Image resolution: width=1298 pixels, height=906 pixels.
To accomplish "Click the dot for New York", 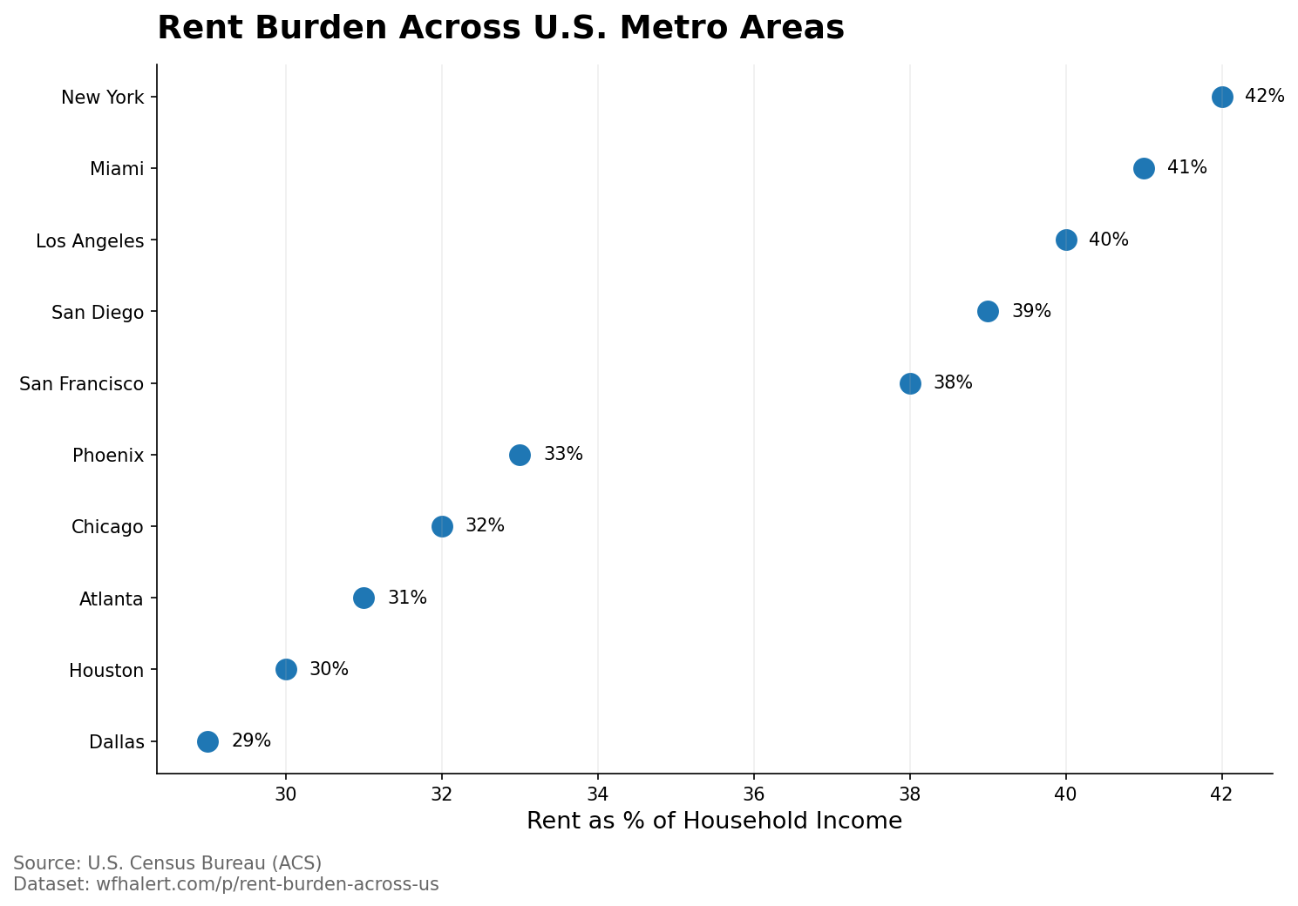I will pos(1222,97).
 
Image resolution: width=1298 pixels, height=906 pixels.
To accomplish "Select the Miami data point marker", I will pos(1144,168).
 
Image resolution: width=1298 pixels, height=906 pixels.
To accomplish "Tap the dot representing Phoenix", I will pos(520,455).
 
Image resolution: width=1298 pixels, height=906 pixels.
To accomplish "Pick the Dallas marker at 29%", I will pos(207,741).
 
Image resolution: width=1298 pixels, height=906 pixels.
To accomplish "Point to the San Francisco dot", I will pos(910,383).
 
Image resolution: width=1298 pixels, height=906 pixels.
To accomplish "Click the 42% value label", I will pos(1264,97).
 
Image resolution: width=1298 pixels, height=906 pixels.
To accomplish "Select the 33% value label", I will pos(563,455).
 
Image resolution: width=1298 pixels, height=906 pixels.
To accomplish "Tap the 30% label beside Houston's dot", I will pos(329,670).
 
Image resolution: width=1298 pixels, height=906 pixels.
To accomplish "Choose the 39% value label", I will pos(1031,312).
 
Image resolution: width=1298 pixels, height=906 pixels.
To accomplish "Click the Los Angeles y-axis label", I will pos(90,241).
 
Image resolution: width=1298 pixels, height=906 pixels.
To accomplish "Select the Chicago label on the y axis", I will pos(107,527).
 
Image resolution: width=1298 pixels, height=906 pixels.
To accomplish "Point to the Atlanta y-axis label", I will pos(111,599).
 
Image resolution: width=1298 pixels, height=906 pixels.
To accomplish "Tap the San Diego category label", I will pos(98,313).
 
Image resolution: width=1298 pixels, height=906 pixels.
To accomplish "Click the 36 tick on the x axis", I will pos(754,794).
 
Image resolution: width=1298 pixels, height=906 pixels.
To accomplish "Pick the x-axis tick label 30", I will pos(286,794).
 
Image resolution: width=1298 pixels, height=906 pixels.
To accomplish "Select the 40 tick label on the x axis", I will pos(1066,794).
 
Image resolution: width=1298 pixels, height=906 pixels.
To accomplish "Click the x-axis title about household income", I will pos(714,821).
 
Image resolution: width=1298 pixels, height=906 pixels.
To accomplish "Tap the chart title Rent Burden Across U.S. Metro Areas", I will pos(500,28).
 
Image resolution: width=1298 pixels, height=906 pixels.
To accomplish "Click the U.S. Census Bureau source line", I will pos(167,863).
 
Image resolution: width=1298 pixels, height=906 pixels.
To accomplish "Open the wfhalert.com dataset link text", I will pos(226,885).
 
